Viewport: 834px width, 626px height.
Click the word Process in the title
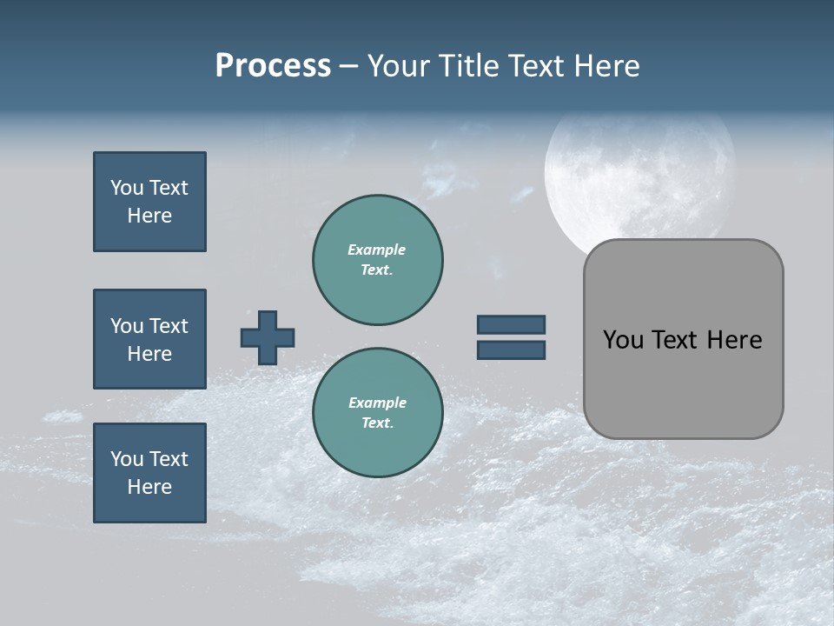273,66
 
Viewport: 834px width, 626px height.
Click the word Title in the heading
471,66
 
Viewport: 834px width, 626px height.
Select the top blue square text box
149,202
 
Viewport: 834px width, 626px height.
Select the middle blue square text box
149,339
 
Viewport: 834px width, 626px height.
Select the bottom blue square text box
149,473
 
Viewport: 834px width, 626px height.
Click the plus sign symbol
268,337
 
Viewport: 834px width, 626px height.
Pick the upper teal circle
377,259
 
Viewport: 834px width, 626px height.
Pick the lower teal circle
377,412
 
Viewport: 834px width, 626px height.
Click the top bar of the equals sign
511,324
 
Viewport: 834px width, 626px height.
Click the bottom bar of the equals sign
511,350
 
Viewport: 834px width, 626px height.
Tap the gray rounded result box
683,383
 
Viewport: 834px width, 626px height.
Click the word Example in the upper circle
377,250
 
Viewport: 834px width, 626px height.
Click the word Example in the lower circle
377,403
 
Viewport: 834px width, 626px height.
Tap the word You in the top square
127,188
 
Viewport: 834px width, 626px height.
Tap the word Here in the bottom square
149,487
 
